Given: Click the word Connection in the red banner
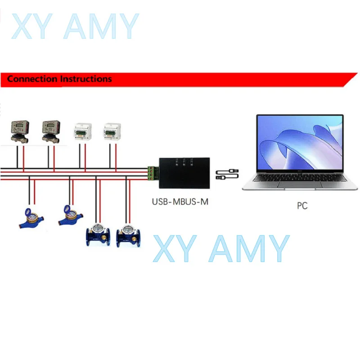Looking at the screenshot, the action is pyautogui.click(x=33, y=79).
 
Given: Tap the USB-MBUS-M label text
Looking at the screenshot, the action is pyautogui.click(x=180, y=202).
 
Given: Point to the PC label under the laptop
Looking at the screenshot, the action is pyautogui.click(x=302, y=206).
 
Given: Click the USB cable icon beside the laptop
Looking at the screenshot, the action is pyautogui.click(x=227, y=175).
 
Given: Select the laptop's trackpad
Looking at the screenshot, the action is pyautogui.click(x=301, y=185).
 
